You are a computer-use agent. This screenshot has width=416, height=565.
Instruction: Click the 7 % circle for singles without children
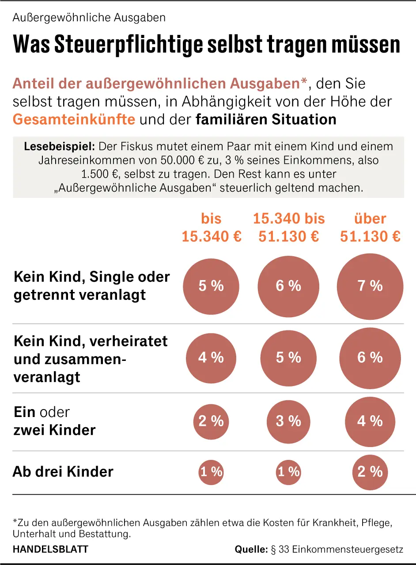(370, 286)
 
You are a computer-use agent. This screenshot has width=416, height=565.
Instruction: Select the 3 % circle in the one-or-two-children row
(288, 421)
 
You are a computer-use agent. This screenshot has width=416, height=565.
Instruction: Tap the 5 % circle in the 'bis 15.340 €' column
(211, 286)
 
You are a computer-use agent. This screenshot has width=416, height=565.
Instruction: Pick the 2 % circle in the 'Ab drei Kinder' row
(370, 472)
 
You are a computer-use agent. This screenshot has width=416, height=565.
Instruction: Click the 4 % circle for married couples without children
(211, 357)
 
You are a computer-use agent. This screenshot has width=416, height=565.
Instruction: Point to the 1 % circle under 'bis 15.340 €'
(211, 472)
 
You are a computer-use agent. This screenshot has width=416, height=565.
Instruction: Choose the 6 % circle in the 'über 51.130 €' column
(370, 357)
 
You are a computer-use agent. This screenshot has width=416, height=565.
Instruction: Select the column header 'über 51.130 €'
(370, 228)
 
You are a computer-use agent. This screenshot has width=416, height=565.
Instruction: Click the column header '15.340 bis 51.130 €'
(288, 228)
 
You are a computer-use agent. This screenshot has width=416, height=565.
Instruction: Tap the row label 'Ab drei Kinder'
(63, 472)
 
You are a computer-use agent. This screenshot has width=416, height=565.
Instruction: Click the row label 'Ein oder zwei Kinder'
(55, 421)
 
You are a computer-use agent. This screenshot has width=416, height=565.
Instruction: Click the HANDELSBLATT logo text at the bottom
(50, 550)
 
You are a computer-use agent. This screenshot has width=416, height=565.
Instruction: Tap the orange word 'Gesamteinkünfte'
(74, 119)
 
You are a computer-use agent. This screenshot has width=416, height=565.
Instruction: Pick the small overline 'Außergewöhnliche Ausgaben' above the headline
(89, 18)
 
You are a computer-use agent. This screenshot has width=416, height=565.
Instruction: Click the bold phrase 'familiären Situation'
(266, 119)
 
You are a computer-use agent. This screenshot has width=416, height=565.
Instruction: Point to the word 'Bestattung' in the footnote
(108, 534)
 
